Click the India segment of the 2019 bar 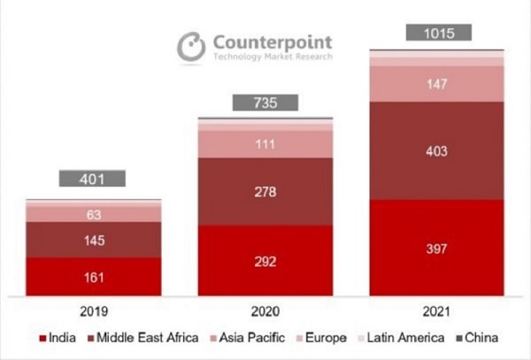(x=93, y=276)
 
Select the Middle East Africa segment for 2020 (x=265, y=192)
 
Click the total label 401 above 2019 (x=93, y=179)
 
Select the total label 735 (x=265, y=103)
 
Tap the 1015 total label (x=437, y=33)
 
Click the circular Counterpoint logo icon (x=190, y=47)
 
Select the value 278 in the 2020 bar (x=265, y=192)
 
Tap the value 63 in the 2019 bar (x=93, y=213)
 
